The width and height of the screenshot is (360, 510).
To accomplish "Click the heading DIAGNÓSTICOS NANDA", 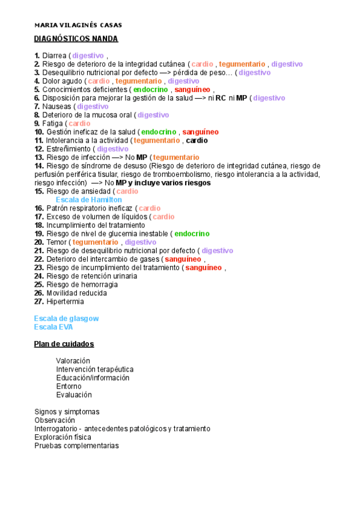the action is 76,39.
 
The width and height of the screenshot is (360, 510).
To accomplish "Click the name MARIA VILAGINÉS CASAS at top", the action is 78,25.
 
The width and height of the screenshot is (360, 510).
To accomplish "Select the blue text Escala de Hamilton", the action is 88,200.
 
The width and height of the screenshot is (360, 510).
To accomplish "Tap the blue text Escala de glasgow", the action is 66,318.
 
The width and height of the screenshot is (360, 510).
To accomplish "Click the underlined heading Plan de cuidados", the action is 64,344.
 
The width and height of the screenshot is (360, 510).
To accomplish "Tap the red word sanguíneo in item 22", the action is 183,259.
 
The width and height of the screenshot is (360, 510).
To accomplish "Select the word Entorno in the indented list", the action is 69,386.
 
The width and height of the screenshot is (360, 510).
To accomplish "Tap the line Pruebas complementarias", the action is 76,446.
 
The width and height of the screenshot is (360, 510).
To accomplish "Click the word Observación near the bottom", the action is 55,420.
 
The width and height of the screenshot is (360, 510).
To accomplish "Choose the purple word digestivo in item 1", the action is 88,56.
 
